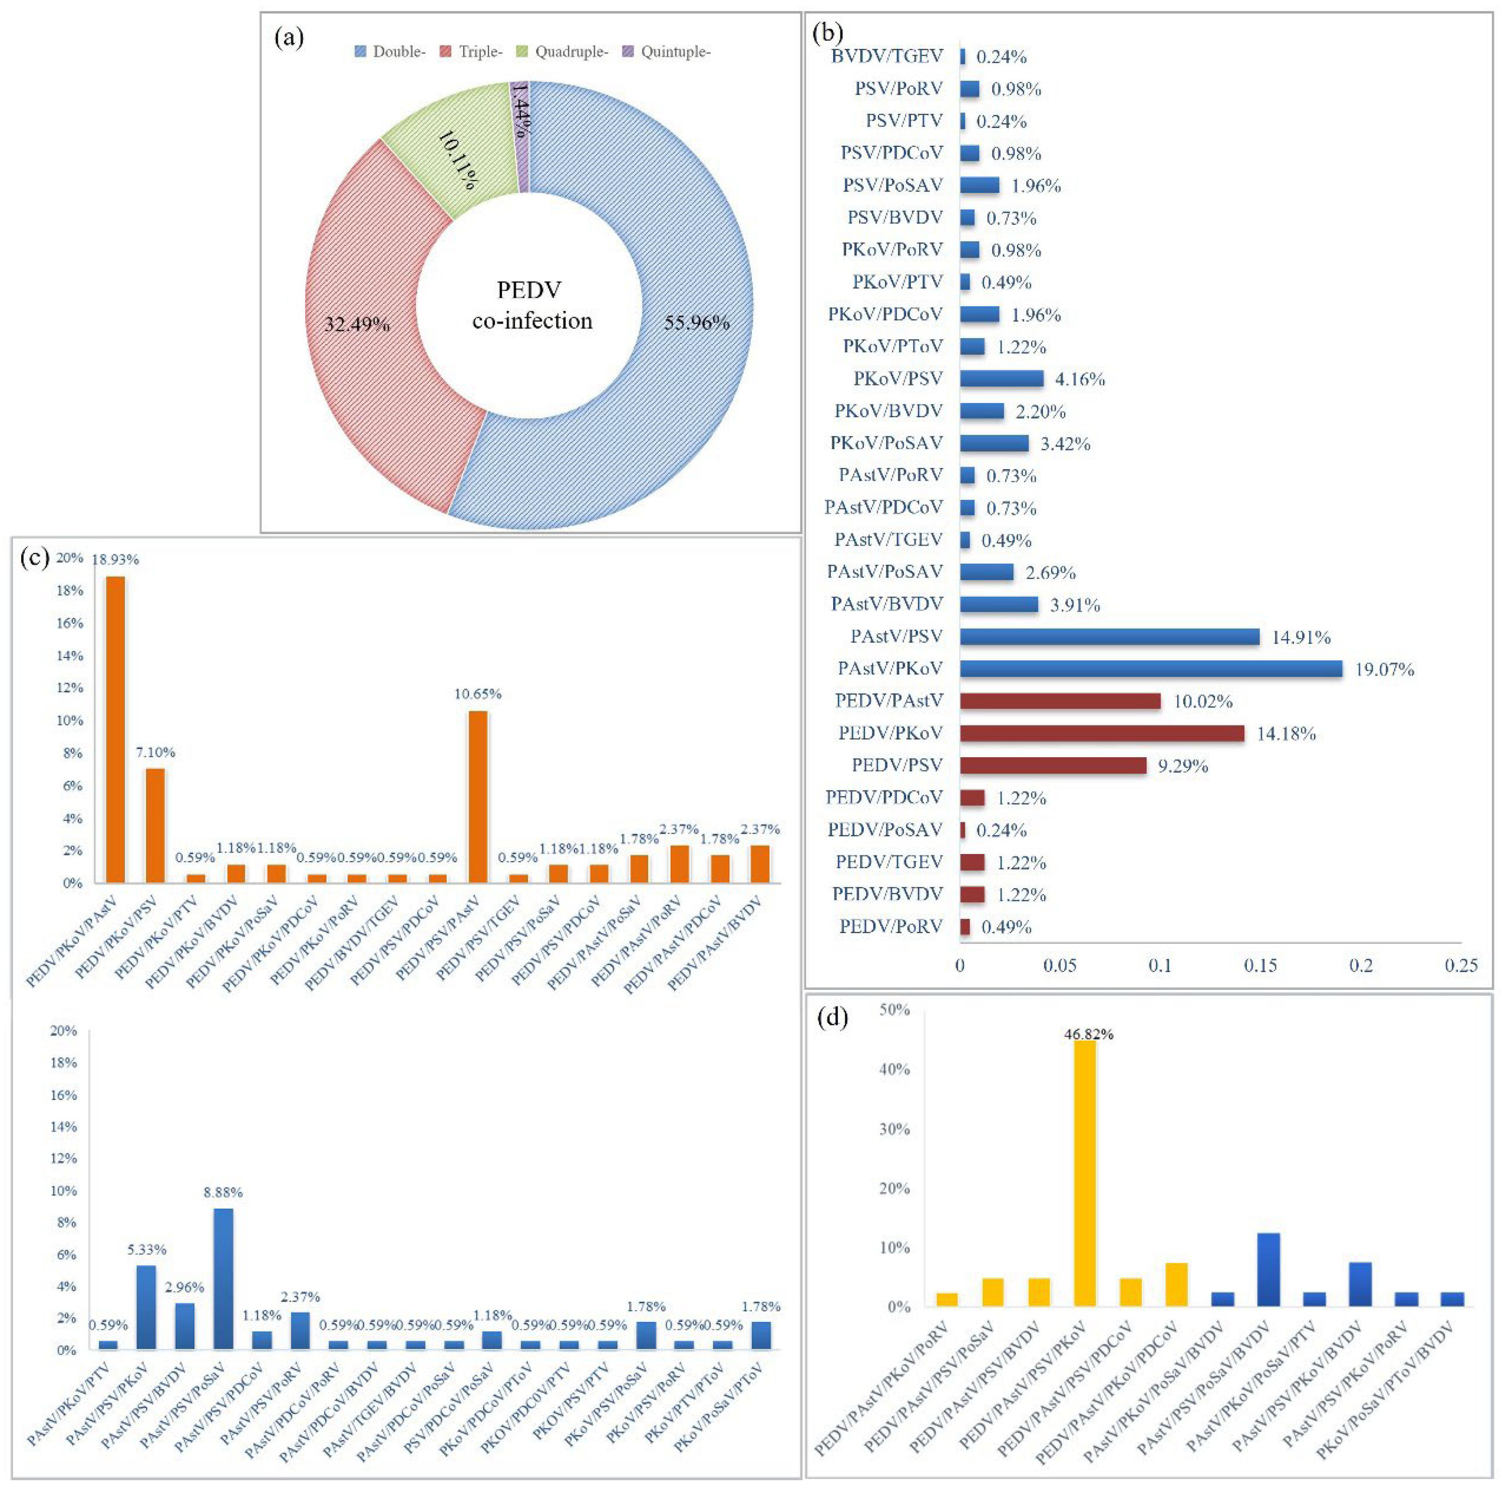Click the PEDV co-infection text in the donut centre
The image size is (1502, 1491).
coord(532,305)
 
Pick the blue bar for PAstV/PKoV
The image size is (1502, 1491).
coord(1150,669)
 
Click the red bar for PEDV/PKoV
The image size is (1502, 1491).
coord(1102,733)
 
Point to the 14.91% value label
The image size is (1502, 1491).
coord(1301,637)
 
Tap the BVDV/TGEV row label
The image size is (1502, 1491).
coord(887,56)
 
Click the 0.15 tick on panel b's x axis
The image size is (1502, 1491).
coord(1260,966)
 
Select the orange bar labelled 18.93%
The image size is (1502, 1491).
coord(115,729)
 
